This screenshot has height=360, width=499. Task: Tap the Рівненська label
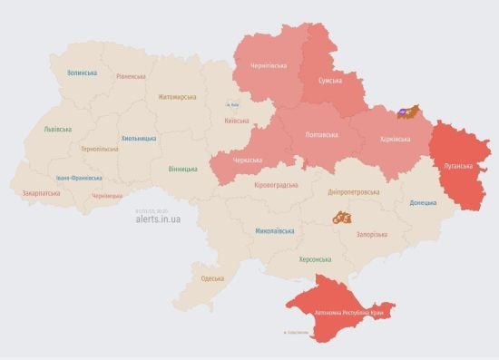[131, 77]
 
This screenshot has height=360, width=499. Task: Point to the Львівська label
[58, 130]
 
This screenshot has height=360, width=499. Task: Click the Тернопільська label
[99, 148]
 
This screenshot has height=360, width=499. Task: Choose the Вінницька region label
[182, 169]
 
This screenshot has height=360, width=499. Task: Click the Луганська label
[458, 167]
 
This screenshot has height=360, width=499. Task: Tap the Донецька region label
[423, 203]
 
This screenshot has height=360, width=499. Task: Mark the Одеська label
[212, 278]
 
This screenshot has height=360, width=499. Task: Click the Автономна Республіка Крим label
[354, 313]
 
